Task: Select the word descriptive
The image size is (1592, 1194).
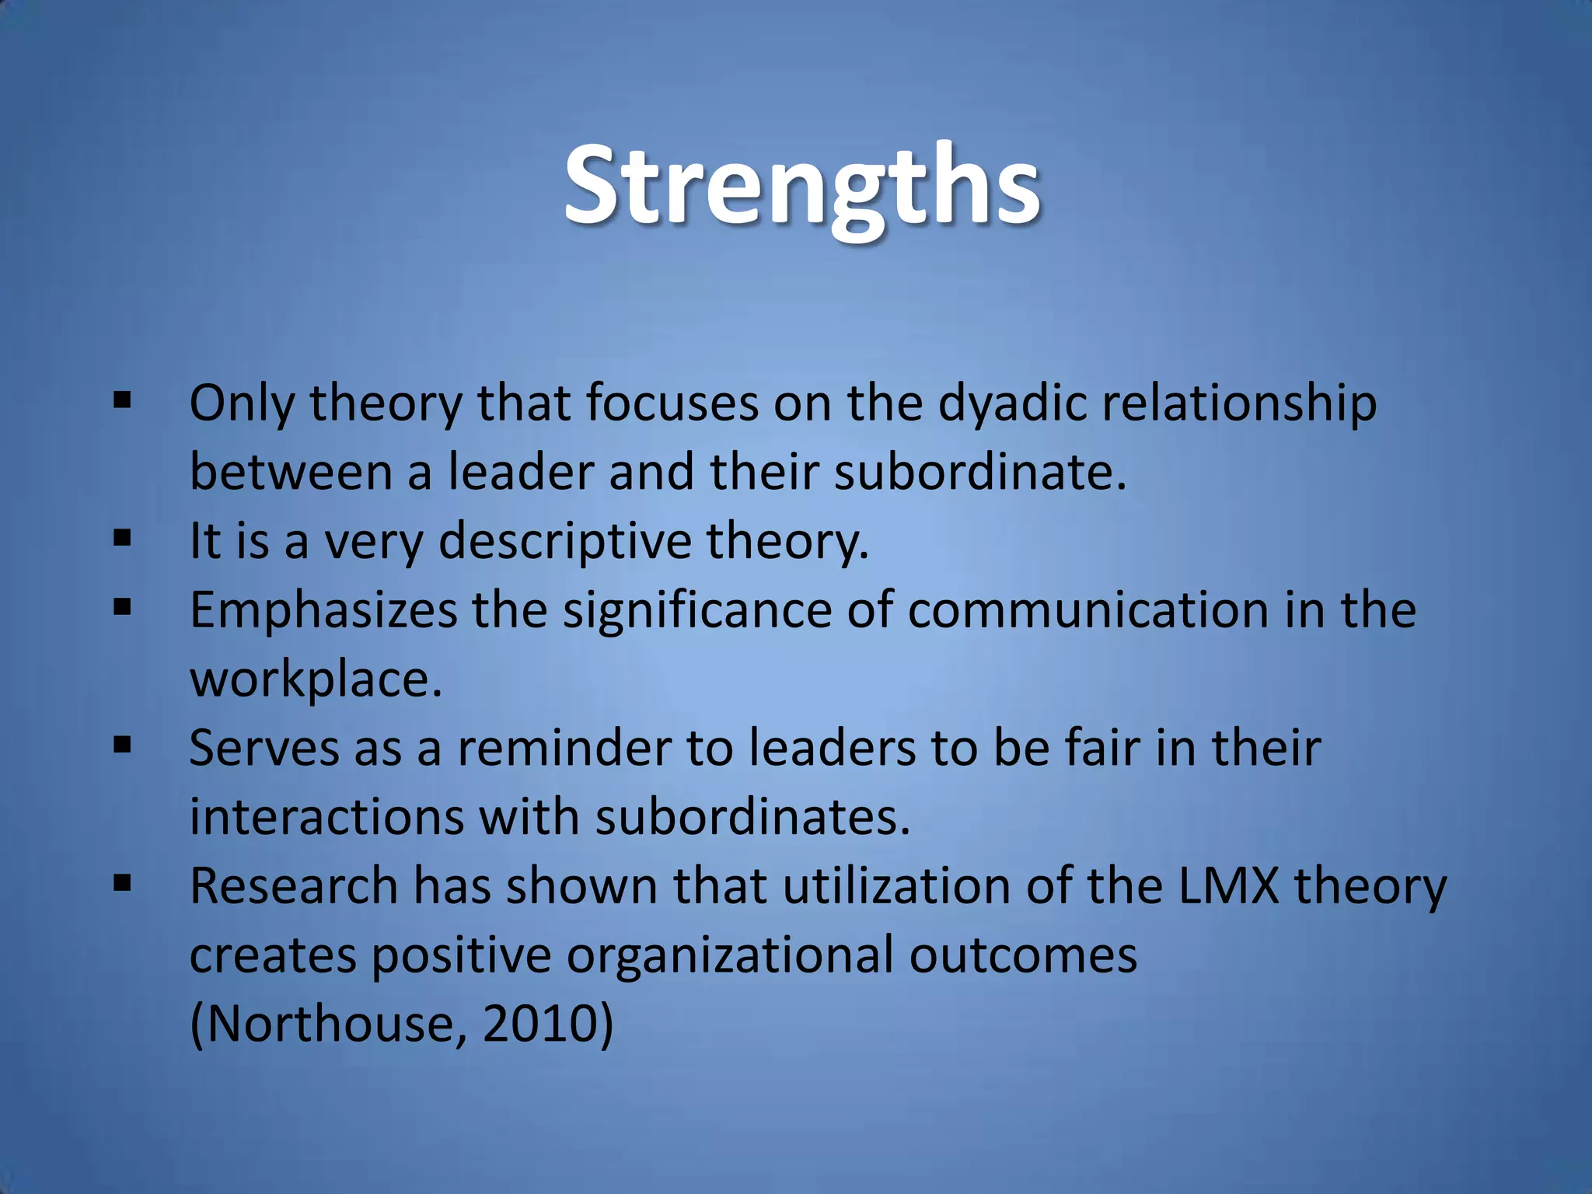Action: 565,541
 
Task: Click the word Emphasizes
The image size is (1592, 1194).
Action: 323,610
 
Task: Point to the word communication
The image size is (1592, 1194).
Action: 1088,610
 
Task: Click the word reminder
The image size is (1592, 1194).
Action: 564,748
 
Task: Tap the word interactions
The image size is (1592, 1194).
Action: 326,817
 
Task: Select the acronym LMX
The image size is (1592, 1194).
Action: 1228,885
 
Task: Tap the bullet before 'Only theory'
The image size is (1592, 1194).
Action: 122,401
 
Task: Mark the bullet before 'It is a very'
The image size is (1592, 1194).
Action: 122,538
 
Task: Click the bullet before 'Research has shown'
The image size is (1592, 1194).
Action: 122,883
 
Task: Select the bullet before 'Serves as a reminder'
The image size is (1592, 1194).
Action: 122,745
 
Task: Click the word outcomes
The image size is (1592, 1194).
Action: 1023,955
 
